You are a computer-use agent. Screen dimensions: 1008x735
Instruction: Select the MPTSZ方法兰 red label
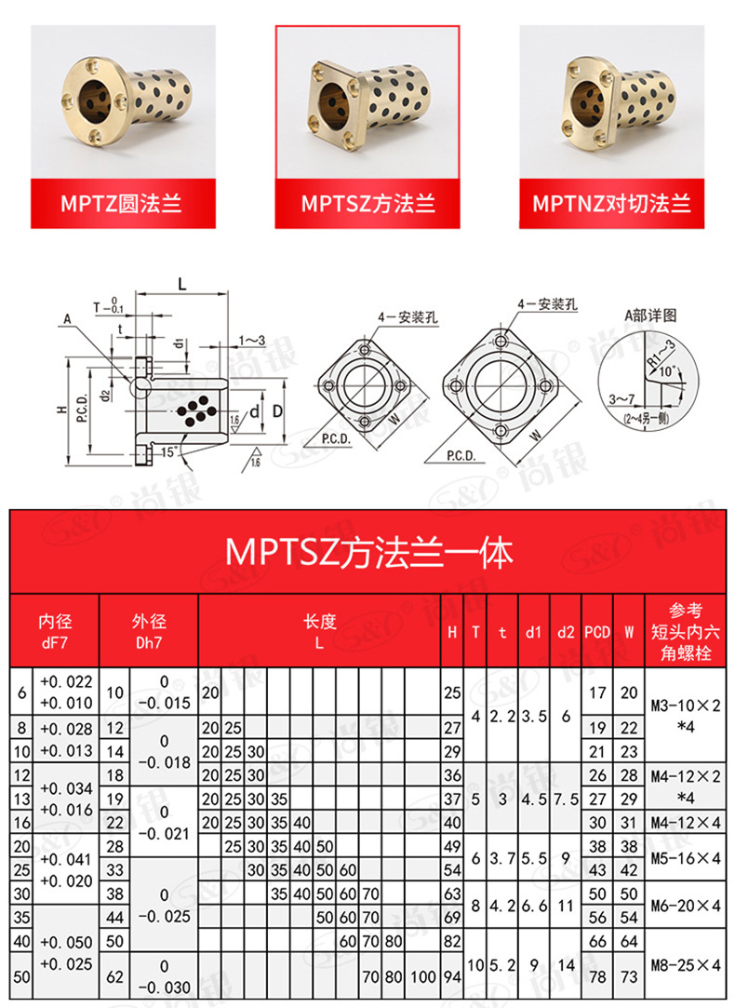click(x=367, y=203)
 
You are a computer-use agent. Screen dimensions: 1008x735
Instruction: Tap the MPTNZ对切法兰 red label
click(x=611, y=203)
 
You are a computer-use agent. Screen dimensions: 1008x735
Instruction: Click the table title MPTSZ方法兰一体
click(x=367, y=554)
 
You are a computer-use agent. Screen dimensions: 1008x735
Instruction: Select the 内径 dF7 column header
click(x=55, y=630)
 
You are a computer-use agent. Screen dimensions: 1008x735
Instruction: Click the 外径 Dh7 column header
click(x=150, y=630)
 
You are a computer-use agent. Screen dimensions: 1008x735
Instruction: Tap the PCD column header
click(x=597, y=632)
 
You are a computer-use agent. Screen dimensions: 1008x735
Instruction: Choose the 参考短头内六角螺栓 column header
click(x=688, y=630)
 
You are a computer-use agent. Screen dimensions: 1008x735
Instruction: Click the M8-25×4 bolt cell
click(x=688, y=964)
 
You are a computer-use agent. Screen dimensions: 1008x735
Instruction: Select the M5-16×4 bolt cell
click(x=688, y=857)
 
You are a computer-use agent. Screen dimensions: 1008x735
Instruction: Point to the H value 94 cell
click(x=452, y=976)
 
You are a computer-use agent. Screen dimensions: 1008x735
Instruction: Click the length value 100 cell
click(x=423, y=976)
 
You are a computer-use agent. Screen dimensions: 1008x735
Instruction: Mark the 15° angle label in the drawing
click(x=167, y=452)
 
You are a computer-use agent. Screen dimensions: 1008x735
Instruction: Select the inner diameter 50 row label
click(x=21, y=976)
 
